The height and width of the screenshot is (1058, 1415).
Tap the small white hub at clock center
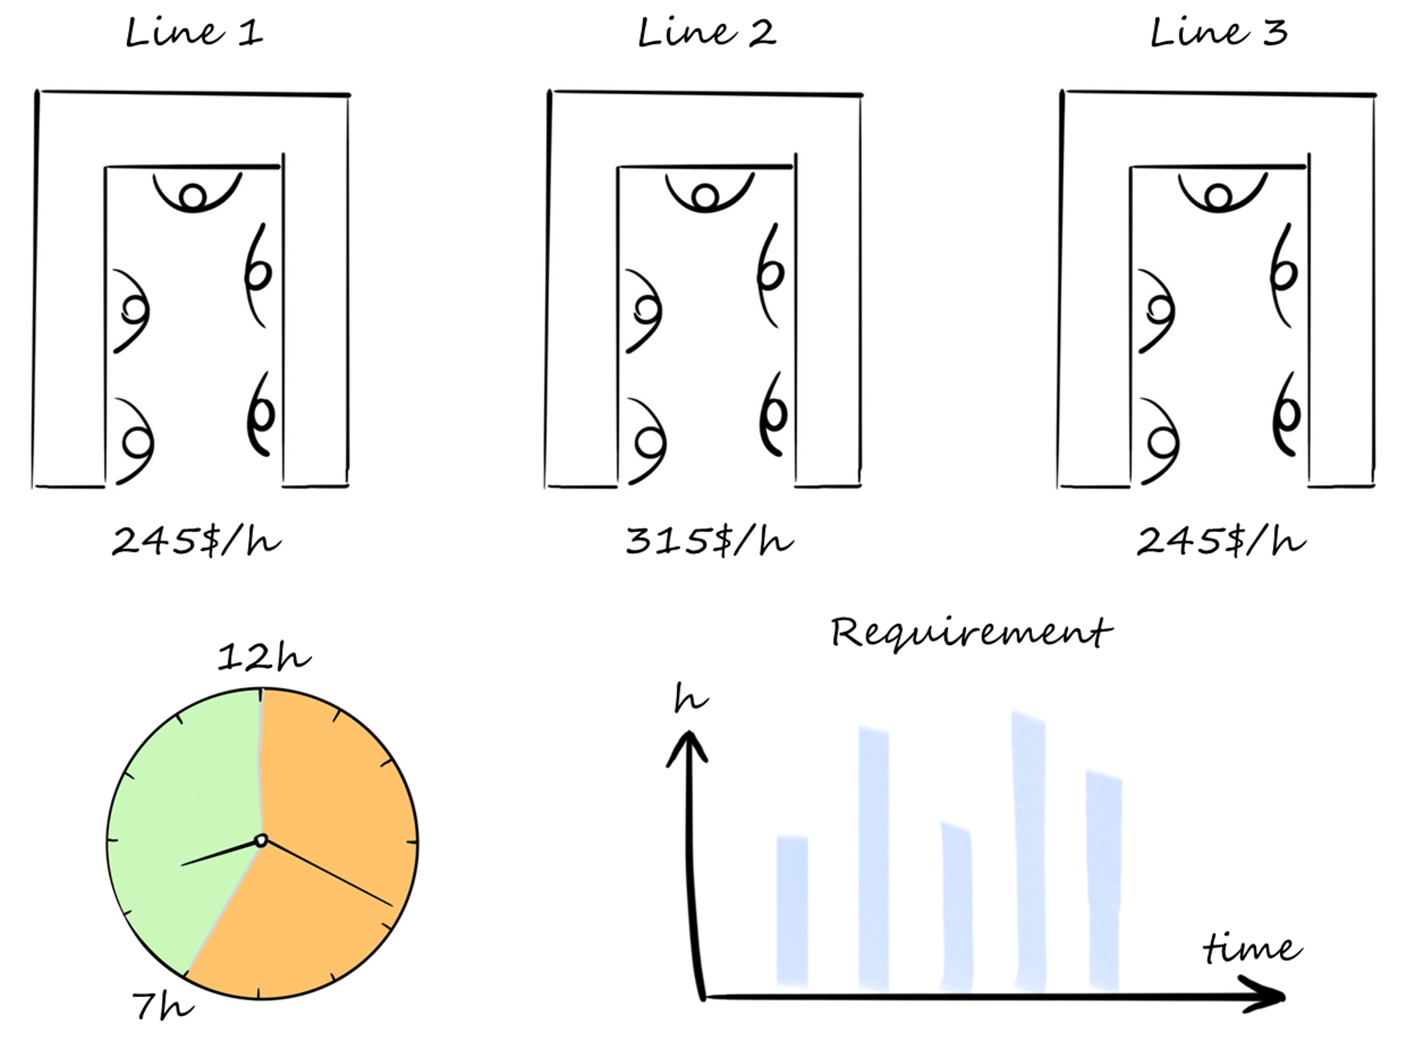click(261, 840)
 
